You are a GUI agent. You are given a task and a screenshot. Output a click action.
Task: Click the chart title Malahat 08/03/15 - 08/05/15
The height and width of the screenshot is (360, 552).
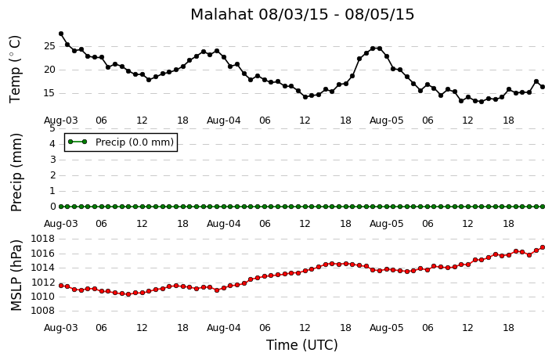(302, 15)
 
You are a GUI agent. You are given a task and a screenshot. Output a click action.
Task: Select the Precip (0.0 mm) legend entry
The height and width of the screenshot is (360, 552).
(121, 142)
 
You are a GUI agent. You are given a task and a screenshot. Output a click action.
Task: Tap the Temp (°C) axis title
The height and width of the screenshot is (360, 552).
(16, 70)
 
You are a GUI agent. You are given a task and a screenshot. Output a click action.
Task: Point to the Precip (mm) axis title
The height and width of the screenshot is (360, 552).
(16, 172)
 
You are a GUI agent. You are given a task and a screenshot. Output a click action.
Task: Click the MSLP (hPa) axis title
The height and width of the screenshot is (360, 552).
(16, 275)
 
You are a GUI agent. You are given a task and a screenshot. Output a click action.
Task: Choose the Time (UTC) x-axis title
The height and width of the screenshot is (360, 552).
(302, 345)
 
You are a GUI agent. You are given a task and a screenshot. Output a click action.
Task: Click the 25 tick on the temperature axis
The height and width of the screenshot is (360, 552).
(49, 46)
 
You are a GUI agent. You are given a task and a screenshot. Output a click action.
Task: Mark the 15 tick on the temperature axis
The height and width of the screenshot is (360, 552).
(49, 93)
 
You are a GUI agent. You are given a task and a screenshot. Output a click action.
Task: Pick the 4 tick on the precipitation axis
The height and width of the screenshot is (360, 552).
(52, 144)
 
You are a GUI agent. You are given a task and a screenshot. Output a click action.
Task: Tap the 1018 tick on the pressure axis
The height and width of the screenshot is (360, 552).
(43, 239)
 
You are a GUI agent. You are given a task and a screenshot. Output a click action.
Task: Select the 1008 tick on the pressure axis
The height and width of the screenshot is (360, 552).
(43, 311)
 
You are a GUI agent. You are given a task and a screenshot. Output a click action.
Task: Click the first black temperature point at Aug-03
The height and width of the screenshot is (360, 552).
(61, 34)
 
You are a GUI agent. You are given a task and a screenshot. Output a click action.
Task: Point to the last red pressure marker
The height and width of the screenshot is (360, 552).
(543, 247)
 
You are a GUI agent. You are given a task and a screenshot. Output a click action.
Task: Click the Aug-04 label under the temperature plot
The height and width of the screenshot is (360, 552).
(224, 121)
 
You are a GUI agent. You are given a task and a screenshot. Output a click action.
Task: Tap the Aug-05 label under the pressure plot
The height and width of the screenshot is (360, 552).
(387, 328)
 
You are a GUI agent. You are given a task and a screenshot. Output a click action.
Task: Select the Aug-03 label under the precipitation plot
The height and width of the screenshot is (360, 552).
(60, 224)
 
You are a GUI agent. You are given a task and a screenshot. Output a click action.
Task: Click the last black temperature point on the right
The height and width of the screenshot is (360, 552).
(543, 87)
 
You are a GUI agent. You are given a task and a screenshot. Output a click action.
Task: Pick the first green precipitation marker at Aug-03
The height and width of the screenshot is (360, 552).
(61, 207)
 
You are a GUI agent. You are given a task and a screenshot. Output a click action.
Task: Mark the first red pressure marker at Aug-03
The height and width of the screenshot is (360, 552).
(61, 286)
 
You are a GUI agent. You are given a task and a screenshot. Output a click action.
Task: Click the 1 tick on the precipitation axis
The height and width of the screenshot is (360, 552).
(52, 191)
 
